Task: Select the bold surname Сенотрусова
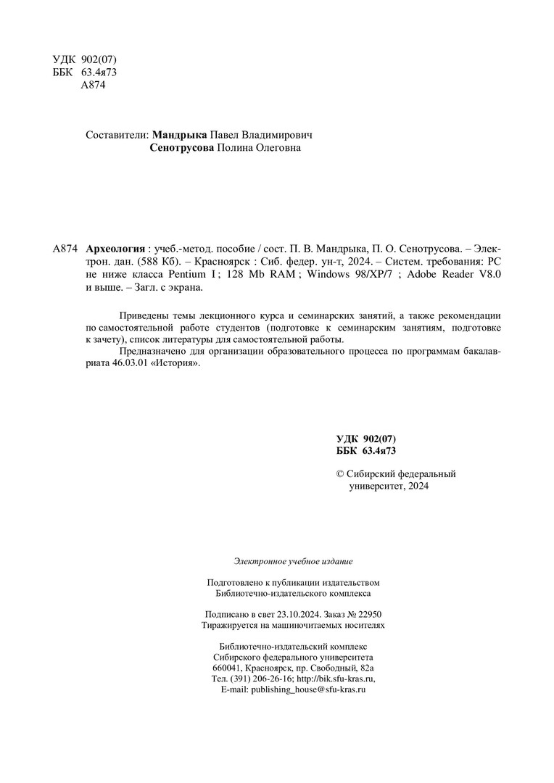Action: coord(182,149)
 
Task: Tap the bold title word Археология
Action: coord(115,248)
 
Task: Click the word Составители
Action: coord(116,135)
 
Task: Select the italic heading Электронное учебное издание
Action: coord(293,561)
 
